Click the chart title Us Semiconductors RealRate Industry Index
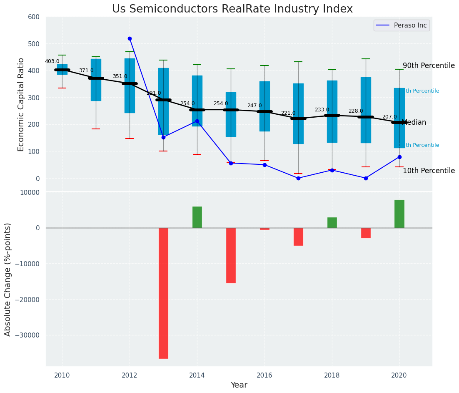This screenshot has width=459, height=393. (x=232, y=9)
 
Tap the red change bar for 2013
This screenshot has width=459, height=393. (x=163, y=293)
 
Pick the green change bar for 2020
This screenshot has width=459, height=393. (x=399, y=214)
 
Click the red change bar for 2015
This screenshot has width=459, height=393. (x=231, y=255)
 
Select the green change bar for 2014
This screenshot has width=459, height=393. (x=197, y=217)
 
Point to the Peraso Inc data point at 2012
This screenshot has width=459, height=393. (x=130, y=38)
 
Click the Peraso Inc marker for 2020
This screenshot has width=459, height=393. (x=399, y=157)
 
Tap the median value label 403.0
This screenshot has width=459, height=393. (x=52, y=61)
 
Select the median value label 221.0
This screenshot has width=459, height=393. (x=288, y=113)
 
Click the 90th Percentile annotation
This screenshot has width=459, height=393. (x=429, y=66)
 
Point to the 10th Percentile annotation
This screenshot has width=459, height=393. (x=429, y=171)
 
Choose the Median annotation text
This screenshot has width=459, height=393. (x=414, y=123)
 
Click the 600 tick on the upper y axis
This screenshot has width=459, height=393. (x=34, y=17)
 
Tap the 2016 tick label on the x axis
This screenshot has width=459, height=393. (x=264, y=375)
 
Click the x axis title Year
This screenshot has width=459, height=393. (x=239, y=385)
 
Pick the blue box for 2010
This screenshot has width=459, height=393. (x=62, y=69)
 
